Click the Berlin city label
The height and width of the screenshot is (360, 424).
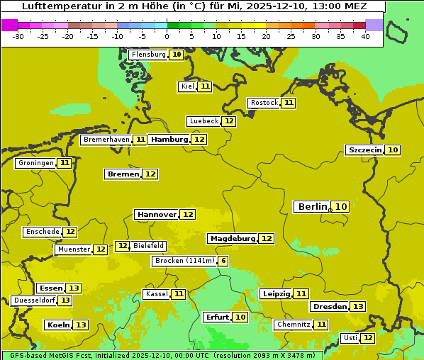(x=312, y=207)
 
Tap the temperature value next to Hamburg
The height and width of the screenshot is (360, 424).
(x=199, y=140)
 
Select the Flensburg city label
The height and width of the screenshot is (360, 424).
(x=148, y=55)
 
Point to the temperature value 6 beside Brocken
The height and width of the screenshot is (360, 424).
(x=223, y=261)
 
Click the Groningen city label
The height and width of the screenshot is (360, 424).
(x=36, y=163)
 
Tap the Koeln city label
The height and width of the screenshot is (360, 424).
(x=57, y=325)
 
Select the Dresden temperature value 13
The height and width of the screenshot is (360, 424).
(x=358, y=307)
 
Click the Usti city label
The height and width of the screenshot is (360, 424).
(x=349, y=338)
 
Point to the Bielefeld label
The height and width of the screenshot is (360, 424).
(x=149, y=246)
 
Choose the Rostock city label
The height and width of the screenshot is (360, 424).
(x=264, y=103)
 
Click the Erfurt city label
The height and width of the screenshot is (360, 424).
(x=217, y=317)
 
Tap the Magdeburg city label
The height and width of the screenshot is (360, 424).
(x=232, y=238)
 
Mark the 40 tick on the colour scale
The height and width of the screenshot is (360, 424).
(x=365, y=36)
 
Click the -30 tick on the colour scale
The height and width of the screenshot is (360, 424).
(x=18, y=36)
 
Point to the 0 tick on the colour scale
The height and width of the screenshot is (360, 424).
(x=167, y=36)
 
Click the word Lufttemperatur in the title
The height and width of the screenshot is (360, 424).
(x=55, y=6)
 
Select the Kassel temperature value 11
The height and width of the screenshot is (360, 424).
(x=179, y=294)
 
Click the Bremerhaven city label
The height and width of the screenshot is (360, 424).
(x=106, y=140)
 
